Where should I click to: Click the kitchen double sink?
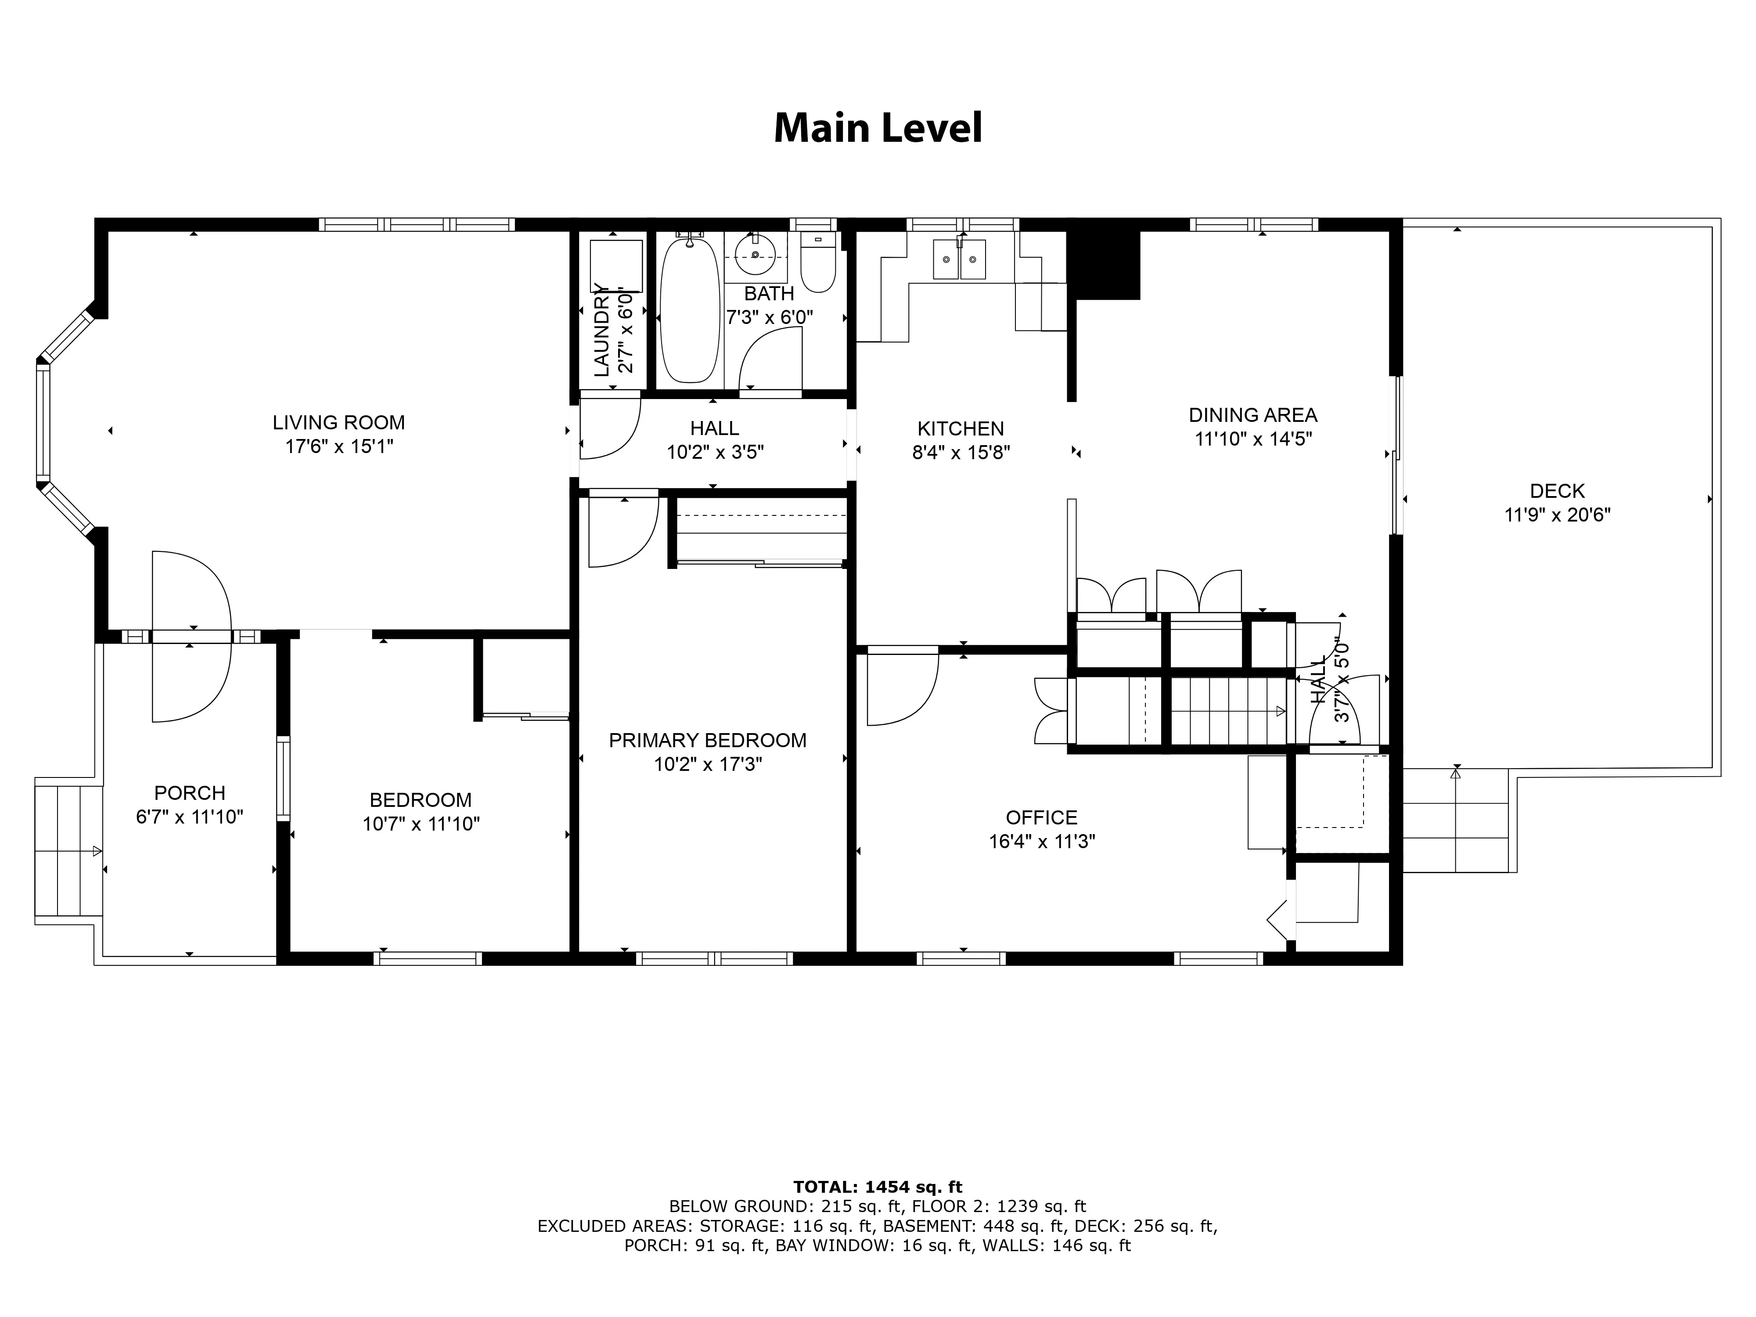point(959,259)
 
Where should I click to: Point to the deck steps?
point(1455,820)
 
